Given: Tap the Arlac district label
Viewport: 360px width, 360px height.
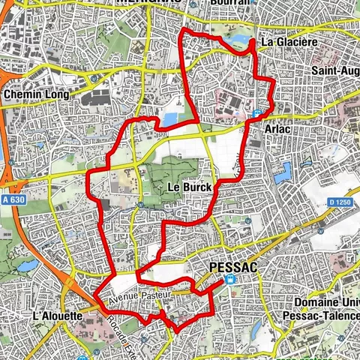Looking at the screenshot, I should click(x=278, y=129).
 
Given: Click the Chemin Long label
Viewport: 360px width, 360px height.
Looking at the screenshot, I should click(x=36, y=95).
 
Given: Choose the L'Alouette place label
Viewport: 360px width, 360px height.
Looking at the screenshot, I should click(x=57, y=316).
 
